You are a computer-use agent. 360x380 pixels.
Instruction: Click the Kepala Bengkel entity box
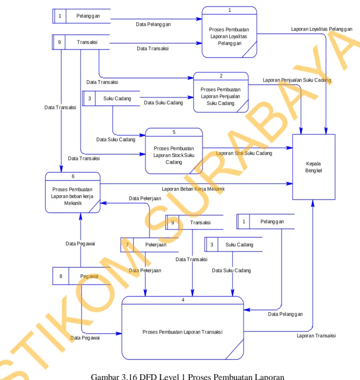pyautogui.click(x=314, y=167)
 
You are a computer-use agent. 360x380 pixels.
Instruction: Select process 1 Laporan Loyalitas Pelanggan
pyautogui.click(x=229, y=32)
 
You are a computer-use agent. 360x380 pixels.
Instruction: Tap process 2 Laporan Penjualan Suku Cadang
pyautogui.click(x=221, y=92)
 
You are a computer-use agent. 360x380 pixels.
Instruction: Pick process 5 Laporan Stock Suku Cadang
pyautogui.click(x=174, y=151)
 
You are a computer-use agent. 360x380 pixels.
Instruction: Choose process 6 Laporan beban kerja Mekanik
pyautogui.click(x=73, y=193)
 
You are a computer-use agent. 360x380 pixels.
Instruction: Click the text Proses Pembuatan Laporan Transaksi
pyautogui.click(x=182, y=332)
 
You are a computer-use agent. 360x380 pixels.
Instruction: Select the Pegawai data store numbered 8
pyautogui.click(x=82, y=276)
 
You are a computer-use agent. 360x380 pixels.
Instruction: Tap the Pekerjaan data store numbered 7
pyautogui.click(x=150, y=245)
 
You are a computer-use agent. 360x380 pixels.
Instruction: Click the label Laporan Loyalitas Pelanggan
pyautogui.click(x=322, y=29)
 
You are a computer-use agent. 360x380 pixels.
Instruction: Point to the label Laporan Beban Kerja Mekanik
pyautogui.click(x=193, y=189)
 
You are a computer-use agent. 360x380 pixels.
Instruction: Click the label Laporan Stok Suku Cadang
pyautogui.click(x=244, y=153)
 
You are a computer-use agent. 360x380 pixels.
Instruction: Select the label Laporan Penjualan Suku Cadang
pyautogui.click(x=297, y=80)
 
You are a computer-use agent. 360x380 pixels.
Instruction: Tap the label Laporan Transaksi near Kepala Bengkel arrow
pyautogui.click(x=316, y=336)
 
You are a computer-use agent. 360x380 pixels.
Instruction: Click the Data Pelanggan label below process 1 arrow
pyautogui.click(x=153, y=24)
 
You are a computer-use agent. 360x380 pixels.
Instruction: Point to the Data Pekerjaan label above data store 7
pyautogui.click(x=145, y=199)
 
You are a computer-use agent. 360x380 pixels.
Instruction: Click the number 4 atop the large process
pyautogui.click(x=183, y=300)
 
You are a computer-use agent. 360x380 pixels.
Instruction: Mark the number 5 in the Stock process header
pyautogui.click(x=174, y=132)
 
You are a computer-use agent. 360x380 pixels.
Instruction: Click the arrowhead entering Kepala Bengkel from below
pyautogui.click(x=313, y=203)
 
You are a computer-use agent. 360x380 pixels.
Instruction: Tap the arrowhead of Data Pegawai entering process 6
pyautogui.click(x=81, y=217)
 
